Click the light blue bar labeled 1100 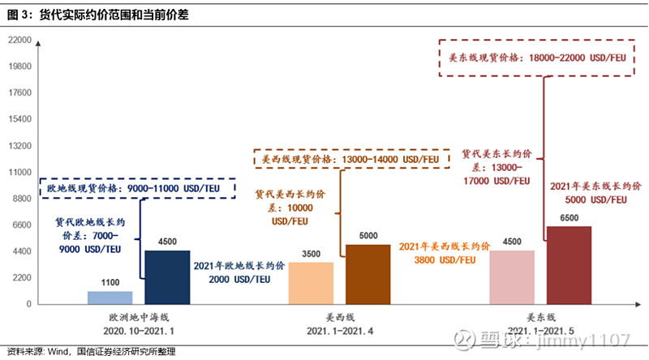coord(110,298)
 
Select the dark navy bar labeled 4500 coord(167,277)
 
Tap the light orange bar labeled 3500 coord(311,283)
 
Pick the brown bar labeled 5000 coord(367,274)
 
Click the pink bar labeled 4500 coord(512,277)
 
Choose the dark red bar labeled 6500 coord(569,265)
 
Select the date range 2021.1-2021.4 coord(341,330)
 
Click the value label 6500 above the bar coord(569,218)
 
